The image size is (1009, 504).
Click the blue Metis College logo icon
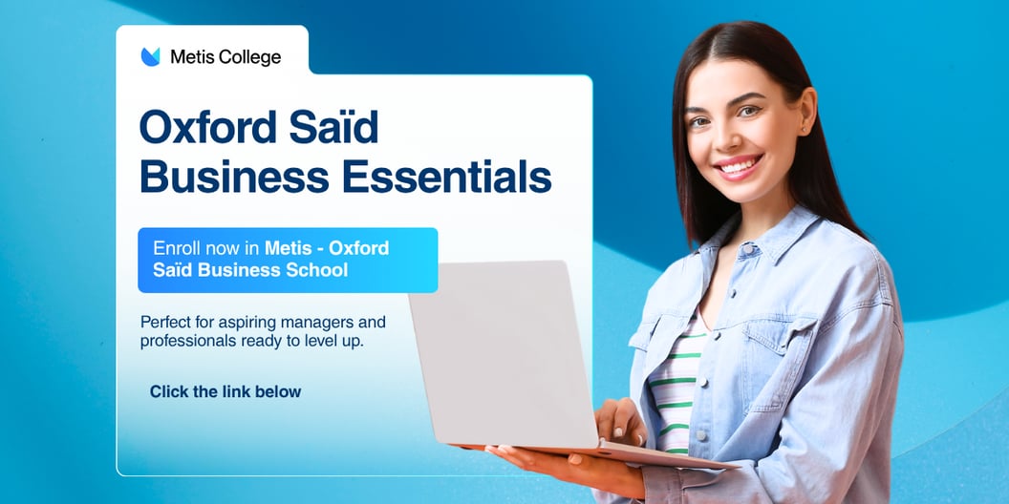[x=150, y=56]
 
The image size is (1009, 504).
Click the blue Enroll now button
[x=288, y=260]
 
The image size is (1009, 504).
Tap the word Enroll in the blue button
[x=176, y=248]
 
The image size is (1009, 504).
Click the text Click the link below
[x=225, y=391]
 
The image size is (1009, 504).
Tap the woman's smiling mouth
[x=738, y=166]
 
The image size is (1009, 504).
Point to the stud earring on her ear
[x=804, y=131]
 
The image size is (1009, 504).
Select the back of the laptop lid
[x=503, y=352]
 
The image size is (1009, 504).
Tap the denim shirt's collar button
[x=747, y=248]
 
